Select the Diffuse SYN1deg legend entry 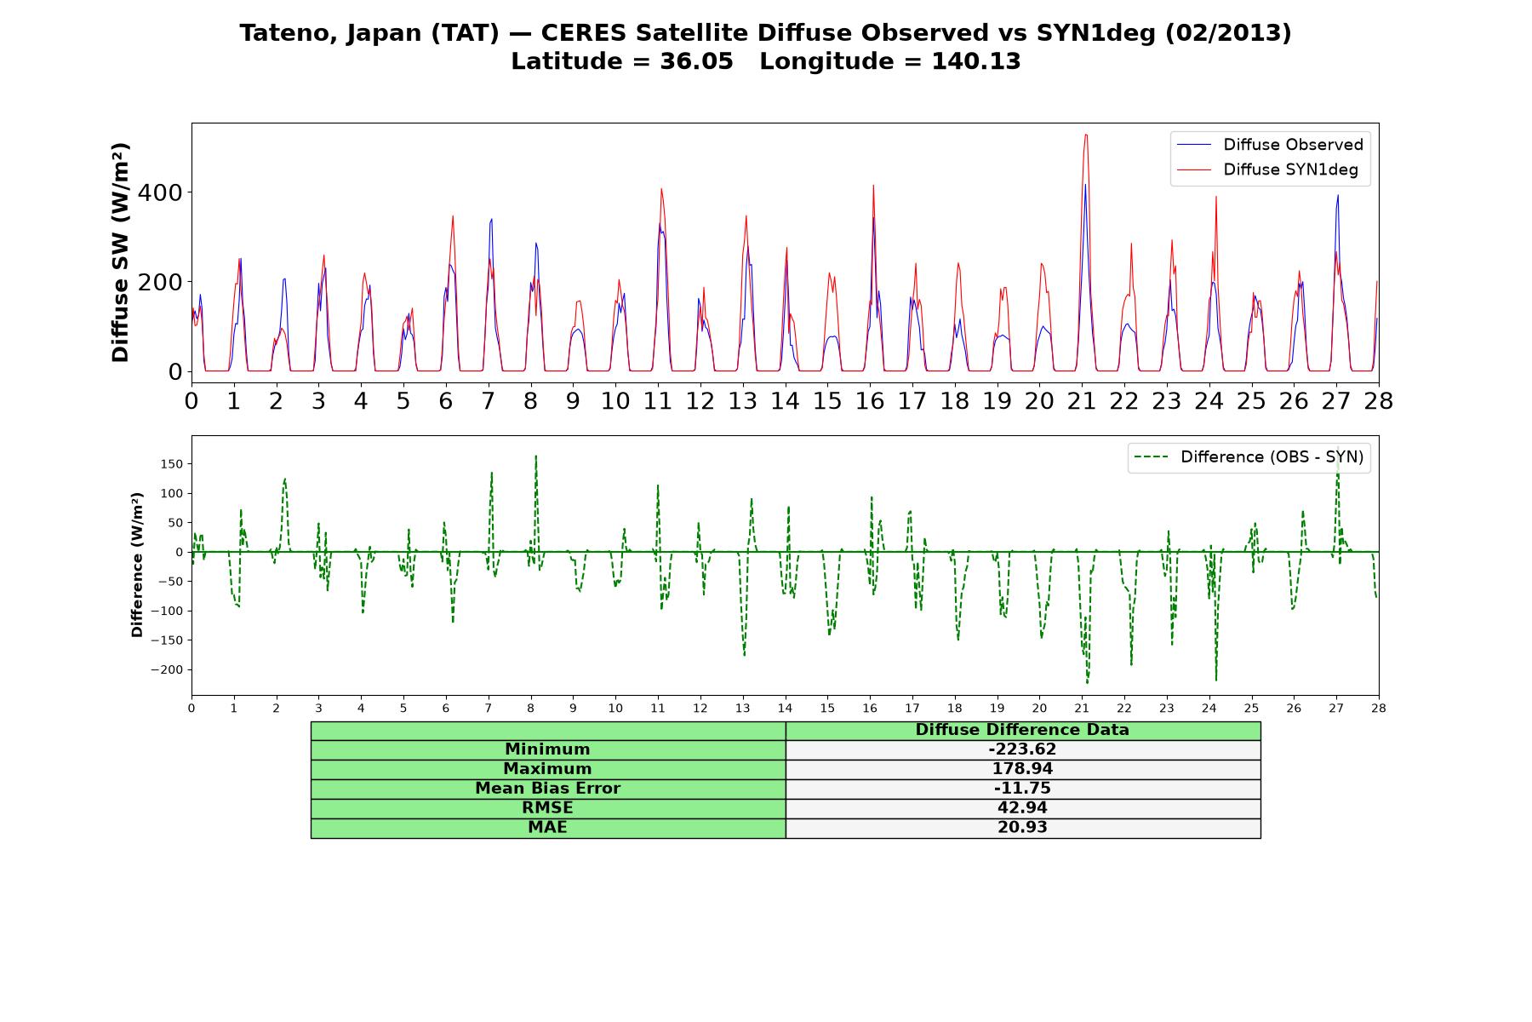pyautogui.click(x=1267, y=169)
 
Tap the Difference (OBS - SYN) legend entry pyautogui.click(x=1249, y=457)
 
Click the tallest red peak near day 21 pyautogui.click(x=1085, y=135)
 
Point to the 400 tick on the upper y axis pyautogui.click(x=160, y=192)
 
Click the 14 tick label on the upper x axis pyautogui.click(x=785, y=401)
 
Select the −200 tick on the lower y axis pyautogui.click(x=167, y=669)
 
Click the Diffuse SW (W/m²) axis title pyautogui.click(x=120, y=253)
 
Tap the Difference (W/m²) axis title pyautogui.click(x=137, y=565)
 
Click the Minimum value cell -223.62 pyautogui.click(x=1022, y=749)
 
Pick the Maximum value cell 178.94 pyautogui.click(x=1022, y=769)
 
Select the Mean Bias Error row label pyautogui.click(x=547, y=789)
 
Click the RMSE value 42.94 pyautogui.click(x=1022, y=808)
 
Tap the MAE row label pyautogui.click(x=547, y=828)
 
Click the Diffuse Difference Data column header pyautogui.click(x=1022, y=730)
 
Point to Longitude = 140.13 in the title pyautogui.click(x=890, y=61)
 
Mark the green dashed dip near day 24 pyautogui.click(x=1215, y=680)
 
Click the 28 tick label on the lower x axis pyautogui.click(x=1378, y=708)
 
